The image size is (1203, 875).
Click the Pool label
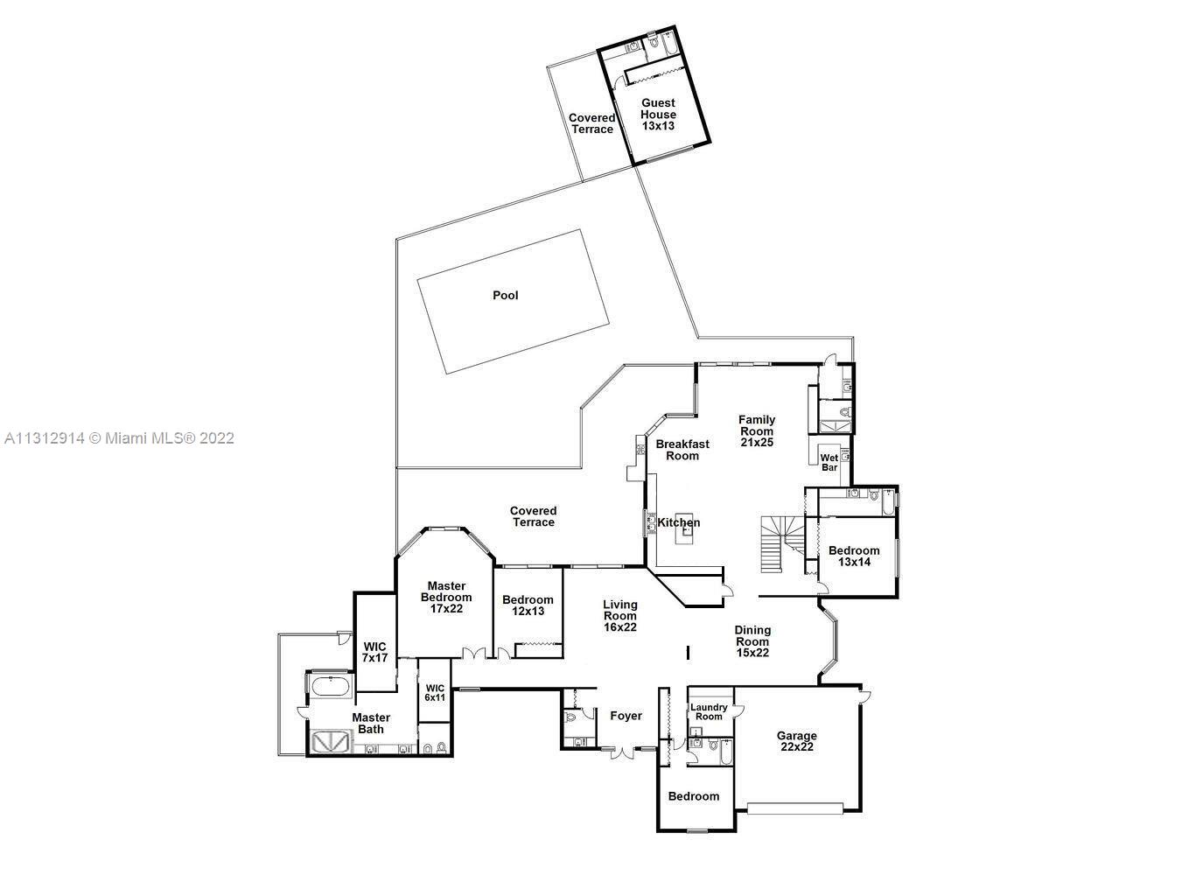pyautogui.click(x=505, y=296)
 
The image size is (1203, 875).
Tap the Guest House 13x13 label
pyautogui.click(x=658, y=115)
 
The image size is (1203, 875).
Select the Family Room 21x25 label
pyautogui.click(x=757, y=431)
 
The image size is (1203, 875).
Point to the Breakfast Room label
pyautogui.click(x=682, y=450)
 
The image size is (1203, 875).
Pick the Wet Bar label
pyautogui.click(x=829, y=463)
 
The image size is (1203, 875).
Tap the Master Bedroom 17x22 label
pyautogui.click(x=446, y=598)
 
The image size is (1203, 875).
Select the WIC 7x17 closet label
pyautogui.click(x=374, y=652)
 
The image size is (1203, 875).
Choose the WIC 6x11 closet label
pyautogui.click(x=435, y=693)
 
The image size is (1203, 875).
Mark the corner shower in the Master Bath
pyautogui.click(x=330, y=741)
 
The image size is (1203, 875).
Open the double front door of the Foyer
pyautogui.click(x=623, y=751)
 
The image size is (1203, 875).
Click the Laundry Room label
pyautogui.click(x=709, y=712)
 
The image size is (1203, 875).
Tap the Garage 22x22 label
pyautogui.click(x=796, y=742)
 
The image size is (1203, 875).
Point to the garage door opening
pyautogui.click(x=796, y=808)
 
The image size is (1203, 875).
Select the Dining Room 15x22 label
pyautogui.click(x=752, y=641)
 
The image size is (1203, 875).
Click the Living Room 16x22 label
pyautogui.click(x=619, y=616)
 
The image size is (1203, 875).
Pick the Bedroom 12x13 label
pyautogui.click(x=528, y=605)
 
